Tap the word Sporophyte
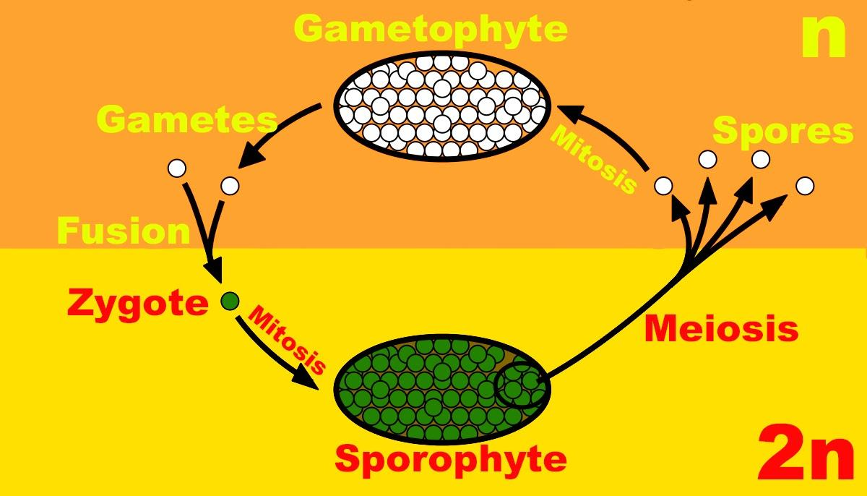click(450, 458)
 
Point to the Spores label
click(783, 132)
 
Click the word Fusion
click(123, 231)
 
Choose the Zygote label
click(137, 304)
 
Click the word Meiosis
click(721, 330)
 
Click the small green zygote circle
click(230, 300)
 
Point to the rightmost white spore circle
click(804, 187)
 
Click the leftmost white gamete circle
click(177, 168)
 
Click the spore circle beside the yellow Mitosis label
click(663, 187)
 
